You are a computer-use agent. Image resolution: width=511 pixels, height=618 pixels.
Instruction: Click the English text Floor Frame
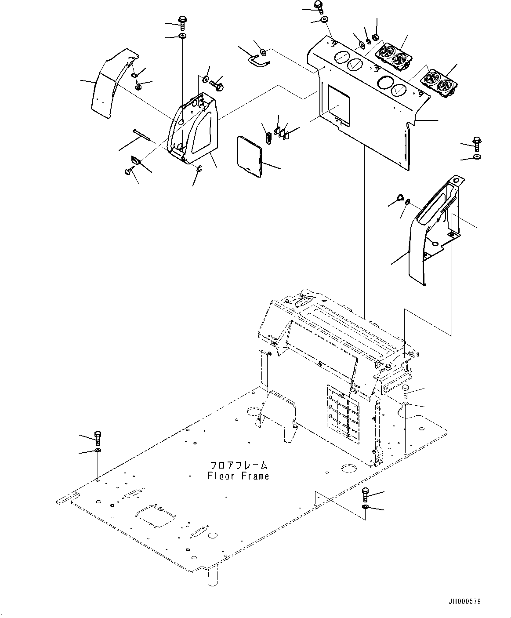click(238, 476)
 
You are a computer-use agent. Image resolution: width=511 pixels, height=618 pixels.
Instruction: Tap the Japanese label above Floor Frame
click(238, 465)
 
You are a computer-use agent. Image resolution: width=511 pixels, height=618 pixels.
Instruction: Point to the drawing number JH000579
click(464, 601)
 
